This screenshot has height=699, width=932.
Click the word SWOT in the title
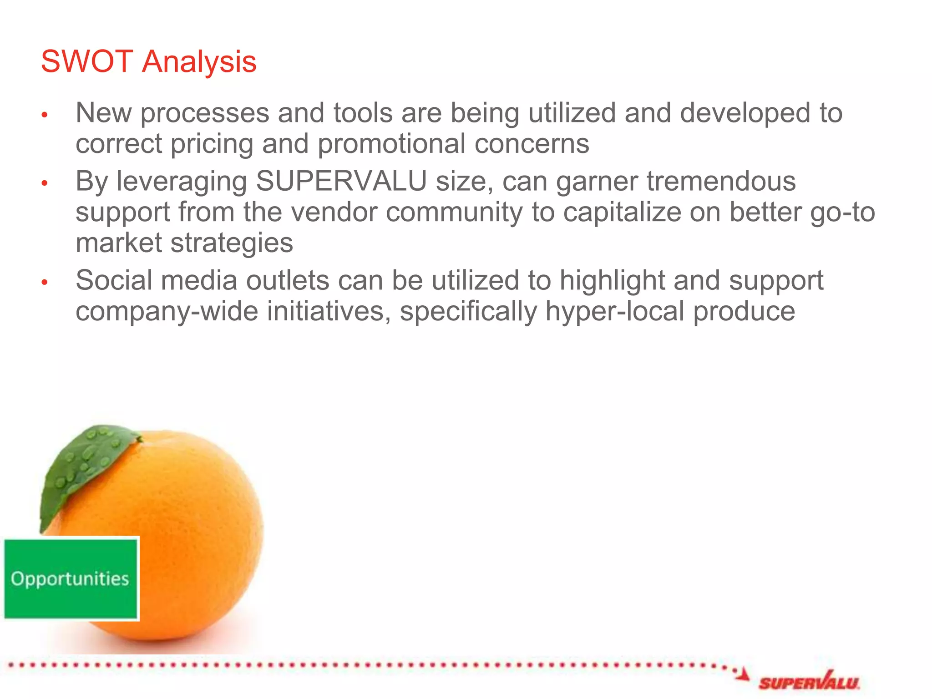pyautogui.click(x=86, y=61)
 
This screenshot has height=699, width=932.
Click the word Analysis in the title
pyautogui.click(x=199, y=62)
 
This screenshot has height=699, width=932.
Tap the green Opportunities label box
pyautogui.click(x=71, y=578)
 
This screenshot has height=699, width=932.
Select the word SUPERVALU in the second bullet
pyautogui.click(x=341, y=181)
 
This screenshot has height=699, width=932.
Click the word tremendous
pyautogui.click(x=721, y=181)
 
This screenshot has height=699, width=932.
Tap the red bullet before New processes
pyautogui.click(x=45, y=115)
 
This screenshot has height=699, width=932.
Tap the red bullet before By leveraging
pyautogui.click(x=45, y=183)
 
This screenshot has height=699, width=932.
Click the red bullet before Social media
pyautogui.click(x=45, y=283)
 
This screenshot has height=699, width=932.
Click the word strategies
pyautogui.click(x=232, y=243)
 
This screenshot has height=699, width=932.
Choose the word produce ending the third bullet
pyautogui.click(x=744, y=312)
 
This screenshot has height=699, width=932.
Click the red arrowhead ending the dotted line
pyautogui.click(x=743, y=674)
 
